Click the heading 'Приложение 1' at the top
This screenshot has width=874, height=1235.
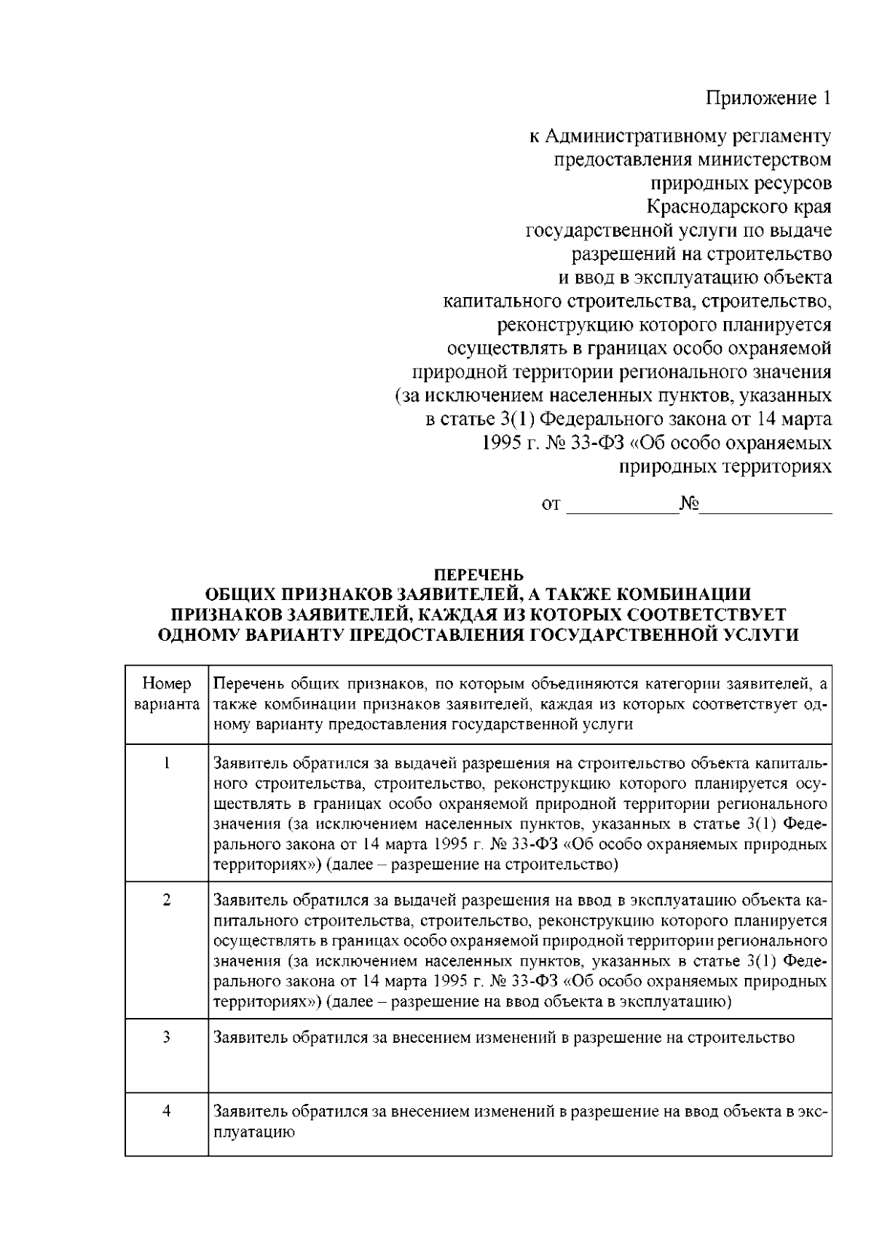click(x=769, y=98)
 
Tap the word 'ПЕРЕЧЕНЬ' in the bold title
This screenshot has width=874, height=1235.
click(x=478, y=575)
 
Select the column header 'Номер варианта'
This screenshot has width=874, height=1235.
click(x=167, y=694)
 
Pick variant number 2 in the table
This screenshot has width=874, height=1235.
click(x=167, y=900)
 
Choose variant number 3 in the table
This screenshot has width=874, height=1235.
click(x=167, y=1037)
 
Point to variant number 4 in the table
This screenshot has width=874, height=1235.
click(x=167, y=1111)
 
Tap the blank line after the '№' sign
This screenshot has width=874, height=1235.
click(x=765, y=505)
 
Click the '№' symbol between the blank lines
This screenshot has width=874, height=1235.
click(x=688, y=503)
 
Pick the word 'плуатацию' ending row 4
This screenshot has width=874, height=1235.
click(x=253, y=1132)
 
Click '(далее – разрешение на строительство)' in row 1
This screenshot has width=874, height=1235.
click(x=472, y=864)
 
